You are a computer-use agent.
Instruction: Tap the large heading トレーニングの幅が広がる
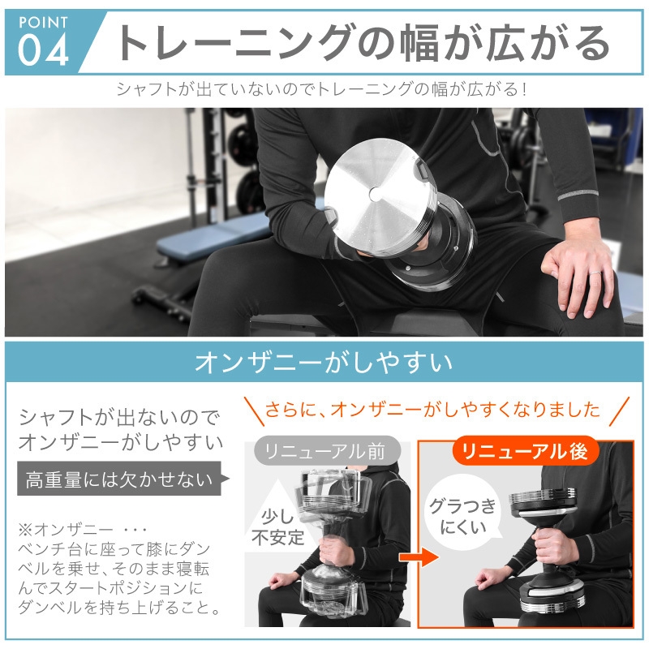(x=361, y=43)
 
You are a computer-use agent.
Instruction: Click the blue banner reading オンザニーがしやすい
(x=324, y=361)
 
